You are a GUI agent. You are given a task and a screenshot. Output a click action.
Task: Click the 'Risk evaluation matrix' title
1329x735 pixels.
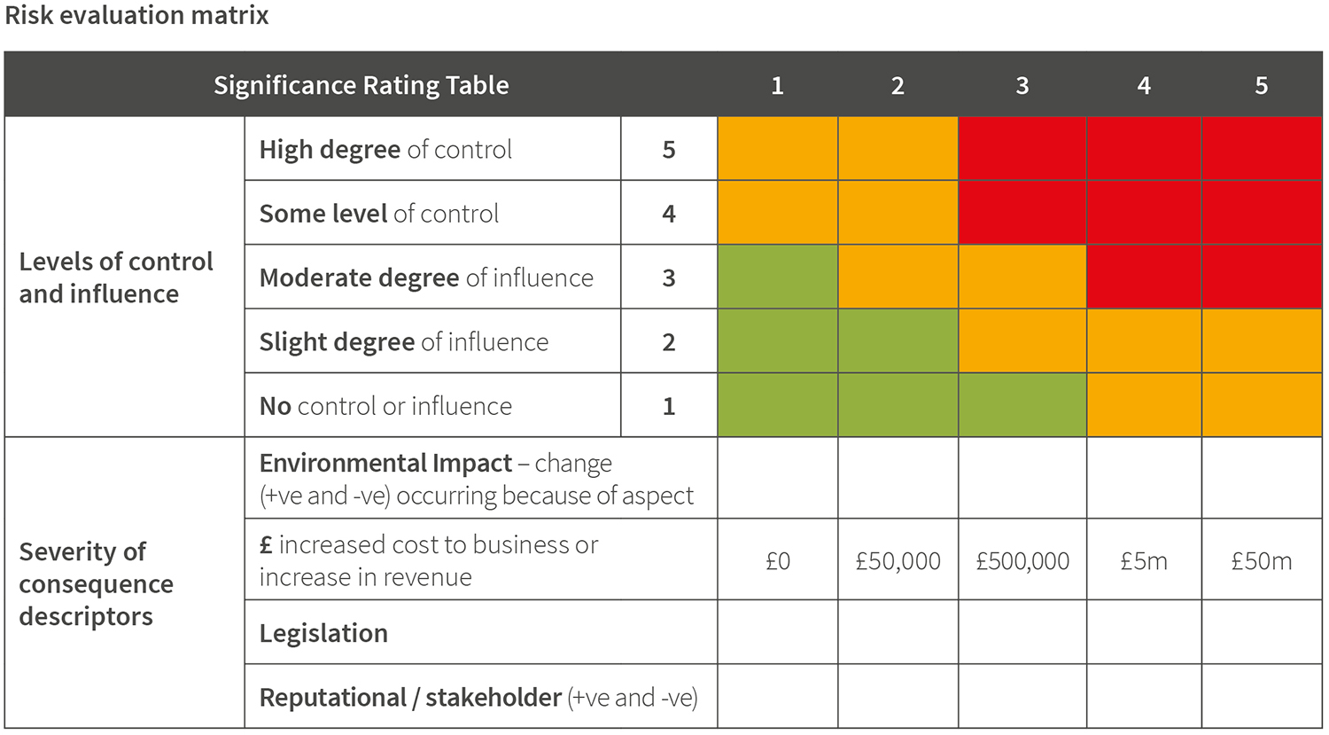pos(136,16)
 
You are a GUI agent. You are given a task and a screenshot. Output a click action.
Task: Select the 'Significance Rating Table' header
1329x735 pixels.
pos(361,85)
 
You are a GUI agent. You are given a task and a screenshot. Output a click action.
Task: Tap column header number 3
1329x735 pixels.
pos(1022,85)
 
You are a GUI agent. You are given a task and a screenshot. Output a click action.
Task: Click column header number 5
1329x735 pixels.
pos(1261,85)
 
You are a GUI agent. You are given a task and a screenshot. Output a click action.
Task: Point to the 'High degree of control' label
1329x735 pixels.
pos(385,149)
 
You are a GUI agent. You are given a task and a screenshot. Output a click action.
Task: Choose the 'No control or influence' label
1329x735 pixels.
pos(385,406)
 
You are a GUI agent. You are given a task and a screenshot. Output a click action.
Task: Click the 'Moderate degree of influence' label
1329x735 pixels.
pos(426,278)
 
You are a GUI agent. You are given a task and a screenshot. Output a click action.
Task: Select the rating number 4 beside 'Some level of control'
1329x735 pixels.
pos(669,214)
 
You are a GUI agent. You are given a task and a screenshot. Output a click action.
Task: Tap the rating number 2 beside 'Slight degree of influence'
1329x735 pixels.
pos(669,342)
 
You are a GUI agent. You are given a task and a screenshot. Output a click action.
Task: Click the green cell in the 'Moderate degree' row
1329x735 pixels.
pos(777,278)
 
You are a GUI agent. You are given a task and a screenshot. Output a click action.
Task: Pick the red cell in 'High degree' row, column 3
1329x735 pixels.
pos(1022,149)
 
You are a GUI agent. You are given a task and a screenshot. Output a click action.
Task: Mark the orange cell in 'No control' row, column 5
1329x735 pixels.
pos(1261,406)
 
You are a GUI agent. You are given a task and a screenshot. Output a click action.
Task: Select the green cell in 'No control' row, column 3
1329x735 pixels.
pos(1022,406)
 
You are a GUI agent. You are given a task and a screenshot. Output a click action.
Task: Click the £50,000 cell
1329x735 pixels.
pos(898,561)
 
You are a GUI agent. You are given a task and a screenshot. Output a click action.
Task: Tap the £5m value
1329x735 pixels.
pos(1144,561)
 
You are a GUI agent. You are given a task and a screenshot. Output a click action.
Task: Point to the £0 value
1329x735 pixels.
pos(777,561)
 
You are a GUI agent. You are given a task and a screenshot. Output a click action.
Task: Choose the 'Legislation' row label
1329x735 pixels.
pos(323,633)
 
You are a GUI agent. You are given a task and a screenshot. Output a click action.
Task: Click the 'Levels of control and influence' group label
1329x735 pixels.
pos(116,278)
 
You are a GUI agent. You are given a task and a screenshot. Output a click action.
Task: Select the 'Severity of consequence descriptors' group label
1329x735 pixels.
pos(96,583)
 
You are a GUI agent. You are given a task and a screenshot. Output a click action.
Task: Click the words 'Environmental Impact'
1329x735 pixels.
pos(385,463)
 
